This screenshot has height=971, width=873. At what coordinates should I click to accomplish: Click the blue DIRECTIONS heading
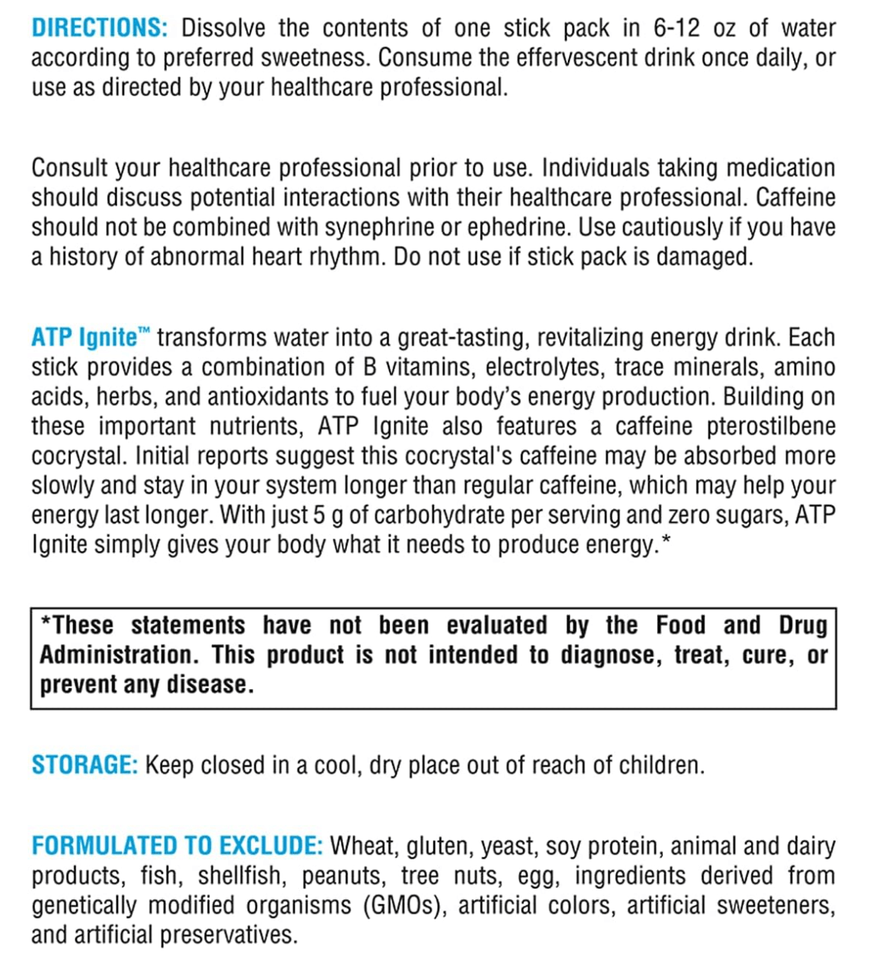point(99,28)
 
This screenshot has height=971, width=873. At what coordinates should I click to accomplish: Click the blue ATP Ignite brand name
point(84,338)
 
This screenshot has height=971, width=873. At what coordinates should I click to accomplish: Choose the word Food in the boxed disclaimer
point(680,625)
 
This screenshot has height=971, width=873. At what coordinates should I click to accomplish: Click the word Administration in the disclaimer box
point(119,655)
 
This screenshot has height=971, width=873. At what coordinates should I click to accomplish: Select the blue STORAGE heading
point(84,765)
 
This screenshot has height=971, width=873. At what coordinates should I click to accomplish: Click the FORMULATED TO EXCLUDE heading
point(177,846)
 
